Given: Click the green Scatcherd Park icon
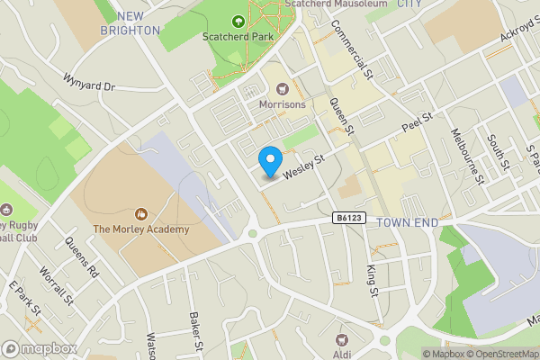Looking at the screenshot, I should (238, 22).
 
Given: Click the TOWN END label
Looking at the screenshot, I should (411, 222).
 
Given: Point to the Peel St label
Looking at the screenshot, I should (418, 121).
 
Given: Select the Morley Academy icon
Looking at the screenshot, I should (140, 214).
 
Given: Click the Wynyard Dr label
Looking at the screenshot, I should (90, 83).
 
